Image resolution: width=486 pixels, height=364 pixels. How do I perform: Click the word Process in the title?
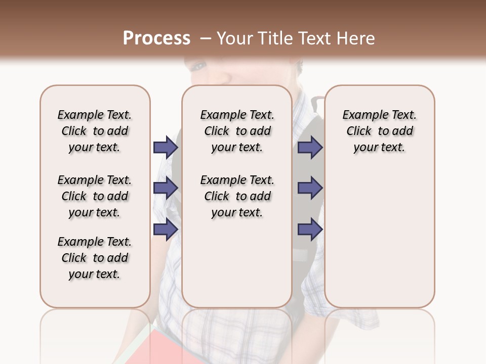point(156,38)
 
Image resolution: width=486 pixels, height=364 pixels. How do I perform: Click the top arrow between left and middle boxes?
point(166,147)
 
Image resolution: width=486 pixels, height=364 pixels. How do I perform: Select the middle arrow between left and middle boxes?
point(166,188)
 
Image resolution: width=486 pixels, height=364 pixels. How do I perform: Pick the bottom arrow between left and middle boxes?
point(166,230)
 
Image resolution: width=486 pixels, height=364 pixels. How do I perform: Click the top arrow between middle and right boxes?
point(310,147)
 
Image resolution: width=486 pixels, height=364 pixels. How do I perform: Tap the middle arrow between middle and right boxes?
point(310,188)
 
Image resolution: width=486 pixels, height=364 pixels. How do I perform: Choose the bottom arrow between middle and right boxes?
point(310,230)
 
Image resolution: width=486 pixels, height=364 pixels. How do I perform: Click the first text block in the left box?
point(95,131)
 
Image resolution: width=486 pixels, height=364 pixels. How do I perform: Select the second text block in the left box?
point(95,196)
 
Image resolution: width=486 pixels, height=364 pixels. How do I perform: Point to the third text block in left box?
point(95,258)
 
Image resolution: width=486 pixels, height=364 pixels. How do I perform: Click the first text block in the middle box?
point(237,131)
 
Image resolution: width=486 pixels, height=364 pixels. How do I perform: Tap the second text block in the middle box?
point(237,196)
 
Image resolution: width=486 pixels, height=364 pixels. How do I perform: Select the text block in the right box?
point(380,131)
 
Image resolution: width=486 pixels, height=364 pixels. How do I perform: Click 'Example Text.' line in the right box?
point(380,115)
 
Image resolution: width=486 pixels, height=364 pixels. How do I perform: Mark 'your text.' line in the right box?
point(380,147)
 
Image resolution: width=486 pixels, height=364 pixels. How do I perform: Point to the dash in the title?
point(205,38)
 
